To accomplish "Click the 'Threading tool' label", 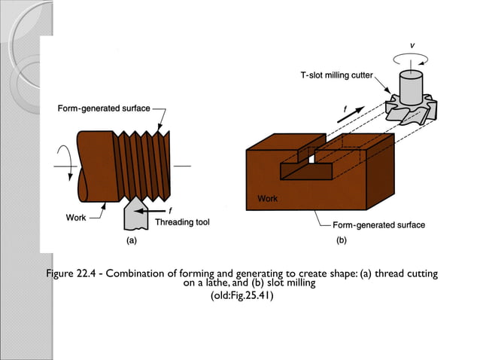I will pyautogui.click(x=181, y=222).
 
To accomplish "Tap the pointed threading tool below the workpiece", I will pyautogui.click(x=136, y=215).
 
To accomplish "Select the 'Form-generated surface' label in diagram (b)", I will pyautogui.click(x=378, y=225).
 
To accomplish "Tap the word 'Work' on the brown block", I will pyautogui.click(x=267, y=200).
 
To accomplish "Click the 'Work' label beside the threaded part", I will pyautogui.click(x=76, y=218).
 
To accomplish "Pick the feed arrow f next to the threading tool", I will pyautogui.click(x=160, y=211).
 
